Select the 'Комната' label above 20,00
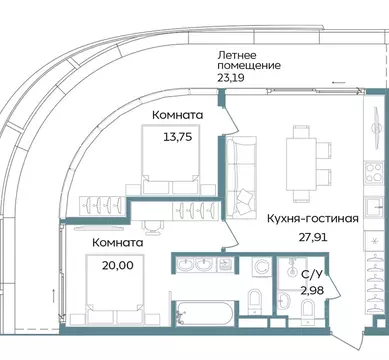[115, 241]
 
